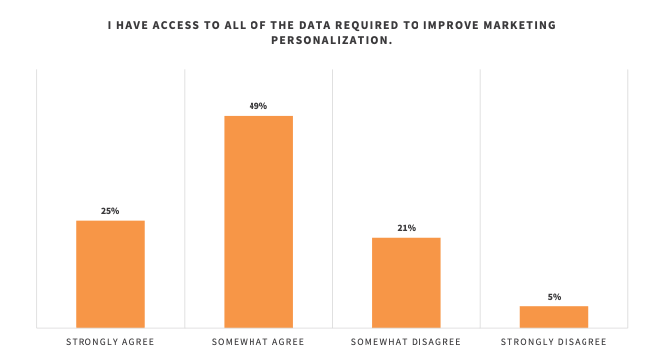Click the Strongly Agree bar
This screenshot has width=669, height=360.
[110, 273]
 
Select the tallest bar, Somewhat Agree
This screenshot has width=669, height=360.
[258, 222]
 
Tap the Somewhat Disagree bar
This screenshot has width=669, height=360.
[406, 282]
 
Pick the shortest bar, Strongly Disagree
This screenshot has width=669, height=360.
[554, 316]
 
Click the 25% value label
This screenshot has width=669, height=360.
[110, 211]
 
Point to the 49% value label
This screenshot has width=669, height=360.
[258, 106]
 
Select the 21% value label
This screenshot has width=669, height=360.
[406, 228]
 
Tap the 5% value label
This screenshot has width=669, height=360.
[554, 297]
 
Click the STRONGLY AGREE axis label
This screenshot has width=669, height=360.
[110, 342]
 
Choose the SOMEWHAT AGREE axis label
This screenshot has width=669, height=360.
[258, 342]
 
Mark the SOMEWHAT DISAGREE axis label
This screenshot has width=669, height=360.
[406, 342]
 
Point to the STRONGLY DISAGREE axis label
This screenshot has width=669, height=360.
[554, 342]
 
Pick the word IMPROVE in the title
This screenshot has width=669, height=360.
[441, 24]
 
